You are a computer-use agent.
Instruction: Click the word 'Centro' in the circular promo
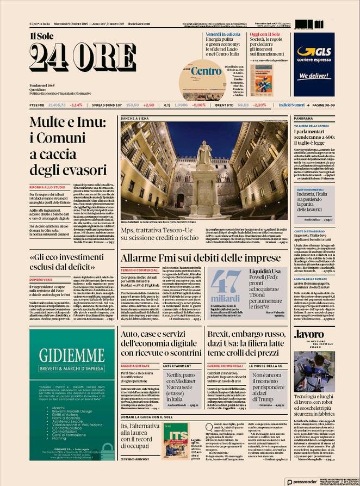[x=207, y=71]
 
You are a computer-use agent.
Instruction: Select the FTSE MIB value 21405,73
[x=57, y=105]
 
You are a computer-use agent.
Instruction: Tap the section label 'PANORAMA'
[x=304, y=118]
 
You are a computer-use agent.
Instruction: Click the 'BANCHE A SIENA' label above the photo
[x=134, y=118]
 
